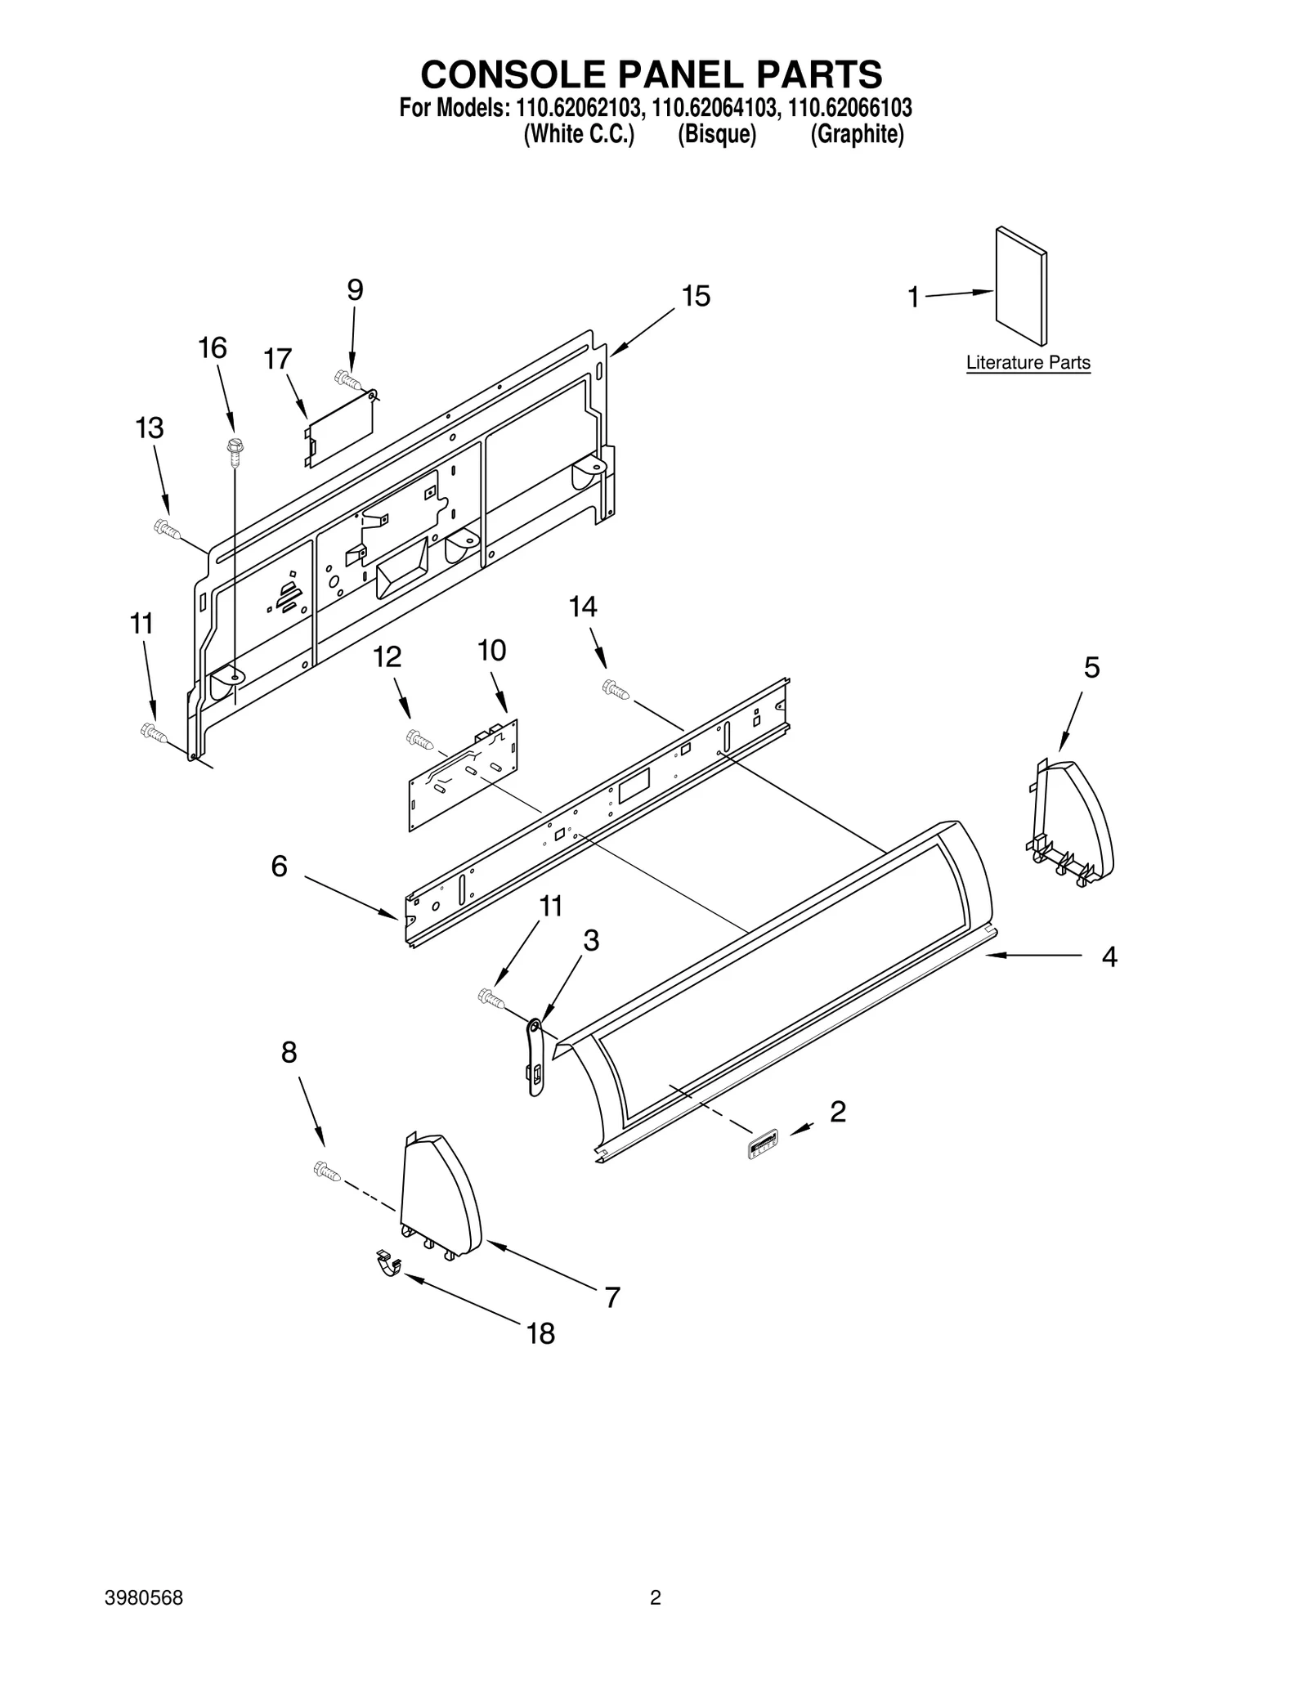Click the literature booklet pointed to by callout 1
(x=1020, y=286)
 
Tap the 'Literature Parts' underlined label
(x=1028, y=362)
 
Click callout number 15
(x=696, y=296)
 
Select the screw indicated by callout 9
(x=347, y=379)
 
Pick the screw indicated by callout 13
(x=167, y=530)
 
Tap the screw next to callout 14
(x=615, y=690)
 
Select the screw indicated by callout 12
(x=419, y=740)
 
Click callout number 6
(x=280, y=867)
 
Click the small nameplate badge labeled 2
(x=763, y=1143)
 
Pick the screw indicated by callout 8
(x=325, y=1171)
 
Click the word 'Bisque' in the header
(x=716, y=134)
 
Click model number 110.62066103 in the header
(x=849, y=108)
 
